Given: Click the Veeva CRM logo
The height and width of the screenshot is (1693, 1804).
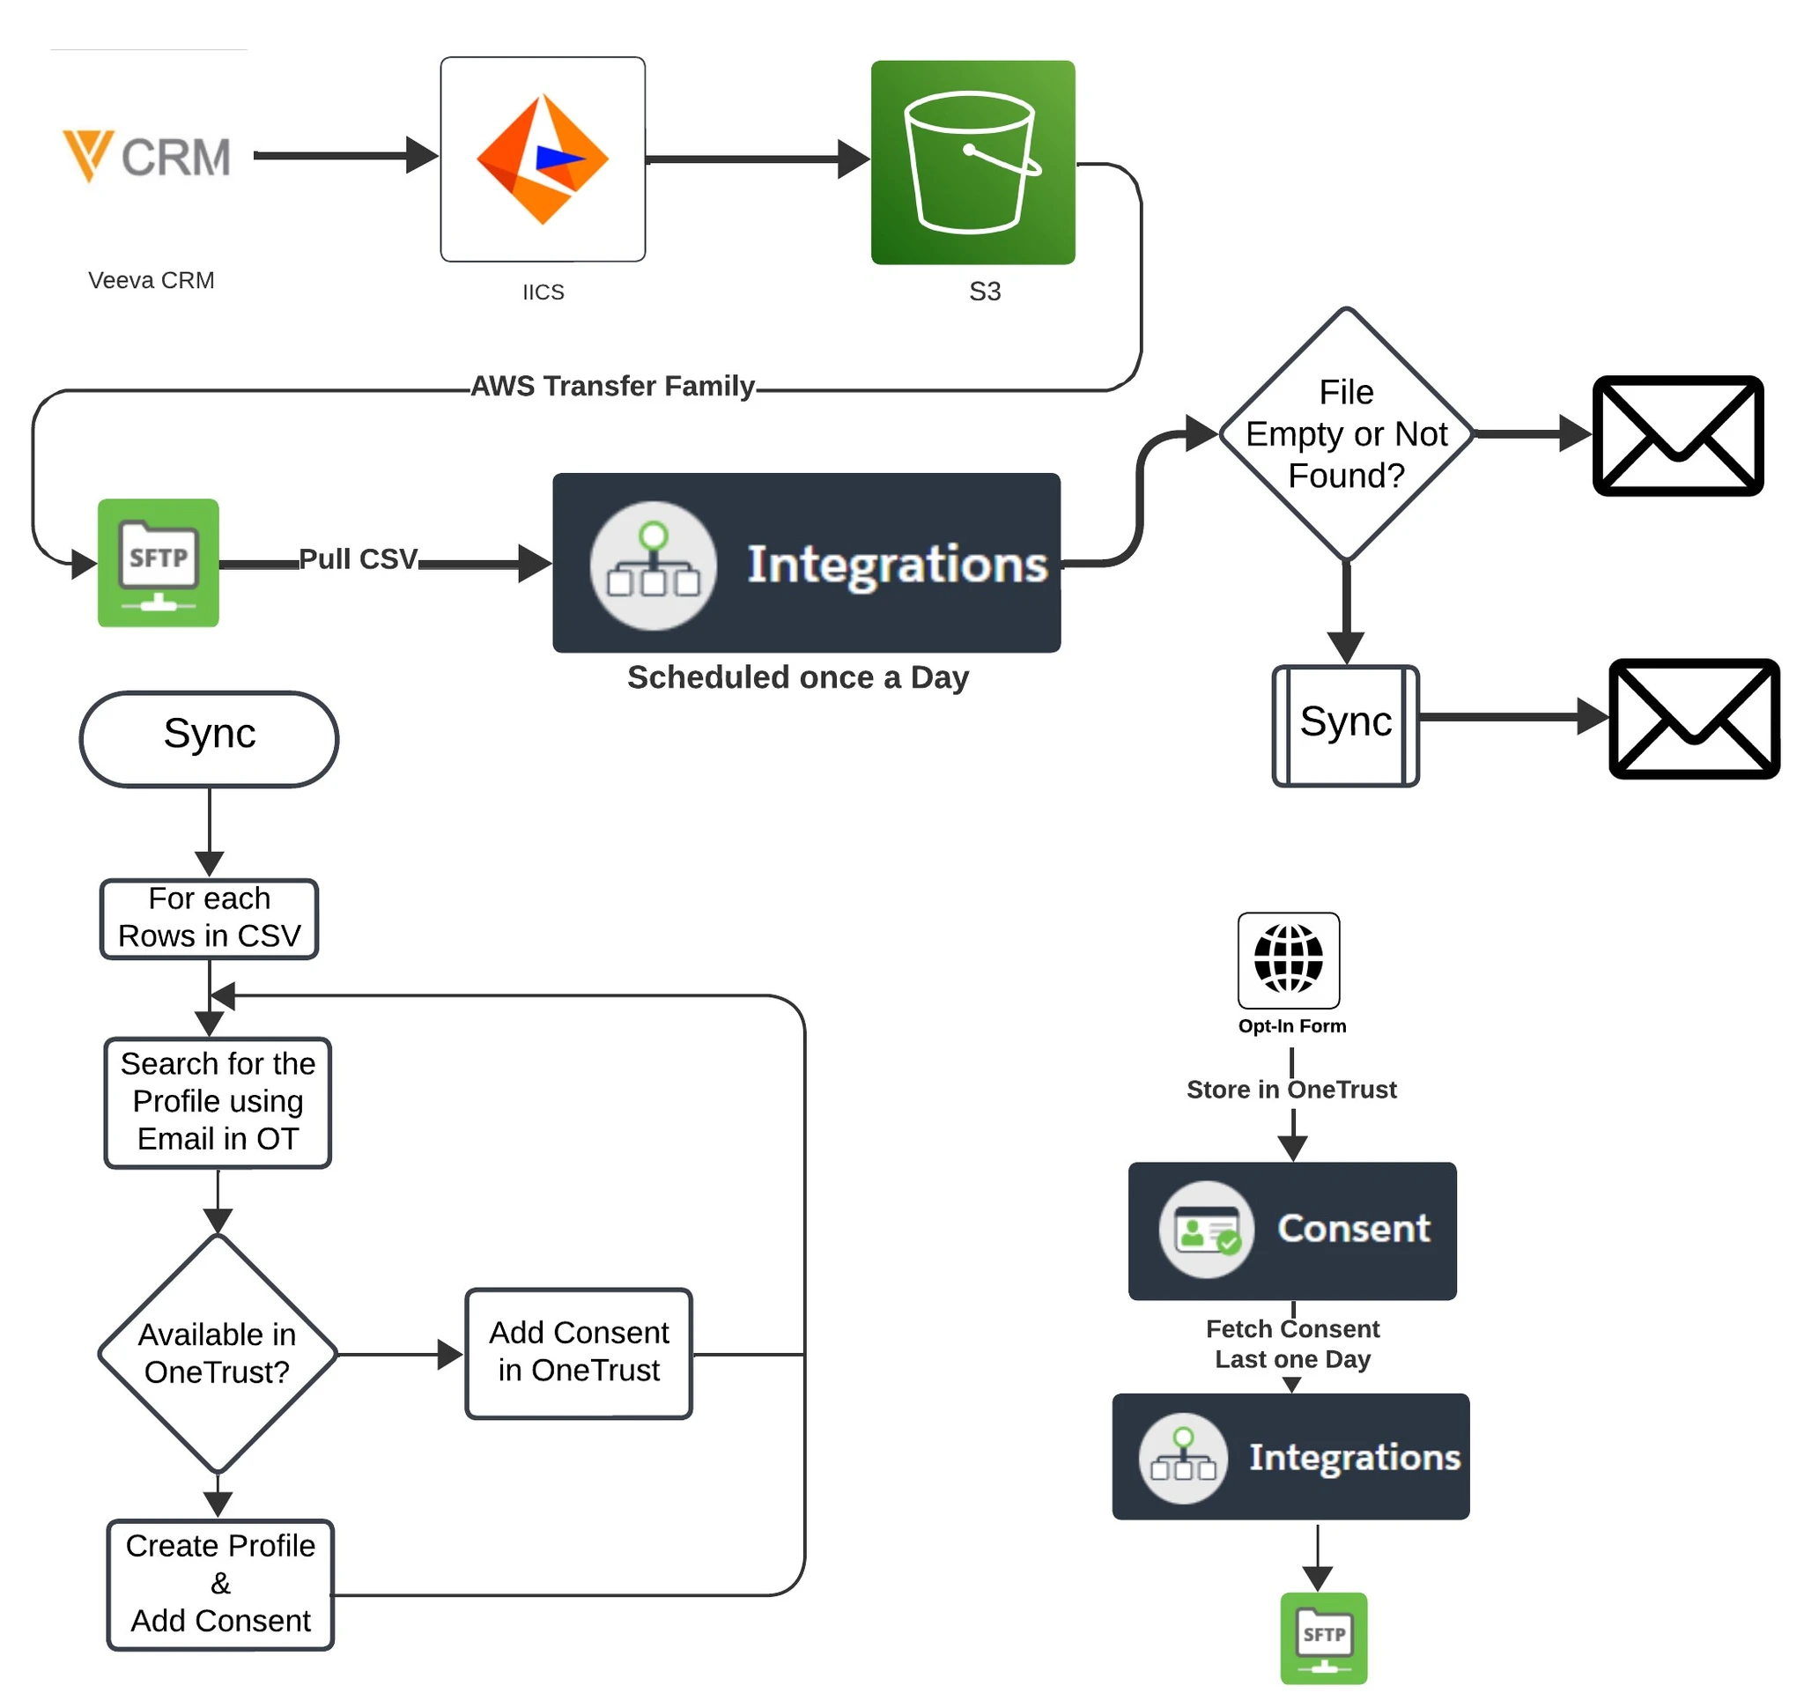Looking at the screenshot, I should tap(147, 157).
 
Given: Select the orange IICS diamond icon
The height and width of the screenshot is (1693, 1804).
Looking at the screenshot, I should tap(543, 159).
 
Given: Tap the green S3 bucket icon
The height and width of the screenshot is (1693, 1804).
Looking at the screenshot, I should tap(972, 162).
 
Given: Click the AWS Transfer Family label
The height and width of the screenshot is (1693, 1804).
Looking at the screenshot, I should tap(612, 387).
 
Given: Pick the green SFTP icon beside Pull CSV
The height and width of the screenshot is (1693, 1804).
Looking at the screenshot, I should tap(158, 563).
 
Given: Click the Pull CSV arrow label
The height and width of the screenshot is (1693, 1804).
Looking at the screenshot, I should tap(359, 558).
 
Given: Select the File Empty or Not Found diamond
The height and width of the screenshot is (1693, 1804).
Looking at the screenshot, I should tap(1346, 433).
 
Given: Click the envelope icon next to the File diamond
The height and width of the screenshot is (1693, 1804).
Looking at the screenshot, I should tap(1677, 435).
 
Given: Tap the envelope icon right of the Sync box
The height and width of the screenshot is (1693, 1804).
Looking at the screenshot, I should tap(1693, 719).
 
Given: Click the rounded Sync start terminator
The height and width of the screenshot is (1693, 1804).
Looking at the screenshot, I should tap(210, 738).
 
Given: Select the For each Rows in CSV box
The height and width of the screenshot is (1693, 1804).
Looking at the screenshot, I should tap(210, 918).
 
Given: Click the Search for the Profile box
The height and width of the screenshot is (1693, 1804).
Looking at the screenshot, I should tap(218, 1101).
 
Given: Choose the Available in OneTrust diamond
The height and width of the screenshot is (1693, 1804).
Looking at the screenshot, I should tap(217, 1353).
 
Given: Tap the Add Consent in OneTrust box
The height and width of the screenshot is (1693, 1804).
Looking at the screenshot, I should tap(579, 1352).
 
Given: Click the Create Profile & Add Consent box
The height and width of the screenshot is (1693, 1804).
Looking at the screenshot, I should tap(220, 1584).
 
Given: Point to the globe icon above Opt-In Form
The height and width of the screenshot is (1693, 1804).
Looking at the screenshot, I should tap(1289, 959).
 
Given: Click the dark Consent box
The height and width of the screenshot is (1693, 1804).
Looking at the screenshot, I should tap(1292, 1230).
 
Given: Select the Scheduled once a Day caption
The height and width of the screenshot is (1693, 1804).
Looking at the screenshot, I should tap(798, 677).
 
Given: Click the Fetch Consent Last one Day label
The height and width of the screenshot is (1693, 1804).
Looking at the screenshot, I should tap(1292, 1343).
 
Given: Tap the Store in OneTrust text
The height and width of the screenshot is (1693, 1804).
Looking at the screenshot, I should tap(1291, 1089).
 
